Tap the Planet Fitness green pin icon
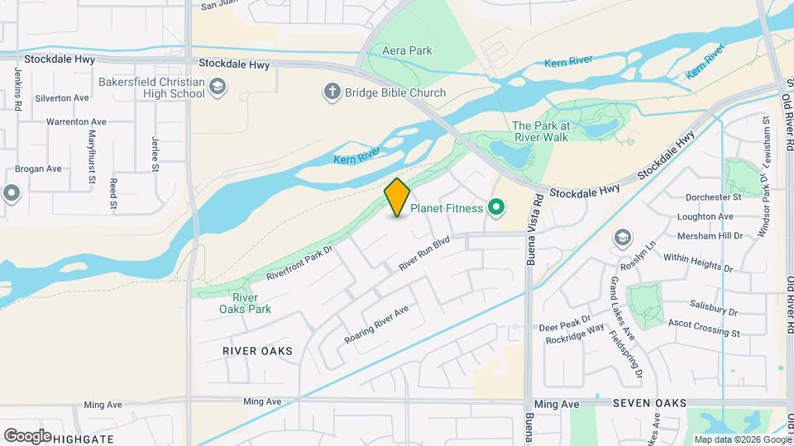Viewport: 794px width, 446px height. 496,208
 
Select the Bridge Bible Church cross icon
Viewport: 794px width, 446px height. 332,93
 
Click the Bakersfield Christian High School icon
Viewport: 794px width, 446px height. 217,88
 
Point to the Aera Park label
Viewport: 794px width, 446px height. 407,51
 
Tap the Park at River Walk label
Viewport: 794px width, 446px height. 540,131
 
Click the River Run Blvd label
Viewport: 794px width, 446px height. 423,254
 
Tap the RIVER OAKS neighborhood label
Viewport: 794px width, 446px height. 257,351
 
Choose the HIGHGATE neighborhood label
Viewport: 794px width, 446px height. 83,437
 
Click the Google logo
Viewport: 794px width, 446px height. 26,436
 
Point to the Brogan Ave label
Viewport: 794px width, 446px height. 42,168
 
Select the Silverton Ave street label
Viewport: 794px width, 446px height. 61,97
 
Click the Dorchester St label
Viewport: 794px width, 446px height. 713,197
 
